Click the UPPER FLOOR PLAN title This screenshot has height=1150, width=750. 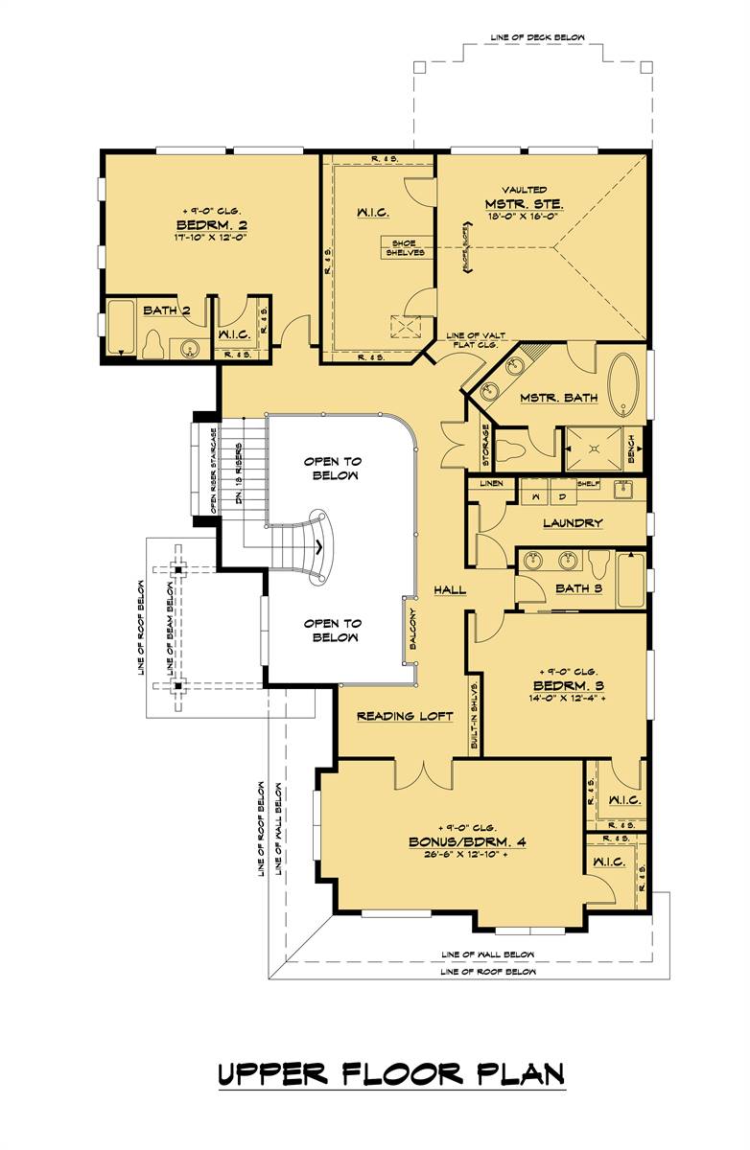391,1073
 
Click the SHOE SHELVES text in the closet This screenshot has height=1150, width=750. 402,246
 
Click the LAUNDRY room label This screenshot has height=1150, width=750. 572,522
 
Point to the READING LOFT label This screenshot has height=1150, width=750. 404,716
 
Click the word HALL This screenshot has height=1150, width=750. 449,589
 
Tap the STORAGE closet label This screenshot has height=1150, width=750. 485,446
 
